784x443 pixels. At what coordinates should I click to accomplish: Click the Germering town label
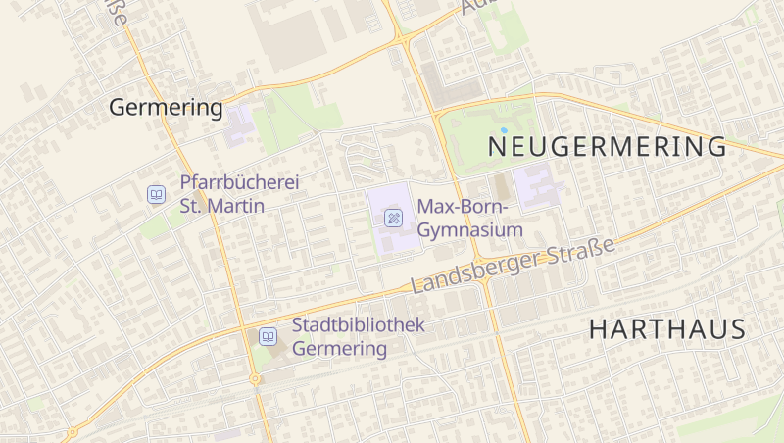point(166,107)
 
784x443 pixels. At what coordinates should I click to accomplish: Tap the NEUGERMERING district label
point(607,147)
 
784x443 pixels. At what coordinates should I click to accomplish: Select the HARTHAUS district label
point(666,329)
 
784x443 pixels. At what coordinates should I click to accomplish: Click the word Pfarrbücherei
point(239,182)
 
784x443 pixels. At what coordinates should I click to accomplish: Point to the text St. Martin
point(221,206)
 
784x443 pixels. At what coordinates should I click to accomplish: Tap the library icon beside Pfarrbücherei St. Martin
point(155,194)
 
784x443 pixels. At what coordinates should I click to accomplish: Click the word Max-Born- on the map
point(462,207)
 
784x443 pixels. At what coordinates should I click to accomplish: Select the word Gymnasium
point(469,230)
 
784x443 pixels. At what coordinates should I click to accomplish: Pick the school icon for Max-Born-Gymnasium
point(393,218)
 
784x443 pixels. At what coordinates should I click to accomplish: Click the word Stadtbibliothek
point(358,324)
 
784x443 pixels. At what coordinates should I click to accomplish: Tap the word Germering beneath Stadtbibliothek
point(339,348)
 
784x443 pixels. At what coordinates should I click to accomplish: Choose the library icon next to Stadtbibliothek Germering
point(267,336)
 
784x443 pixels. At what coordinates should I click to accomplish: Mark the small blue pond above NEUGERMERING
point(504,129)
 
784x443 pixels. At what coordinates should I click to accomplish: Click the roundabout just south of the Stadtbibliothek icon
point(255,378)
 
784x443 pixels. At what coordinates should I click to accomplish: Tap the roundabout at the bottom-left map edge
point(72,431)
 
